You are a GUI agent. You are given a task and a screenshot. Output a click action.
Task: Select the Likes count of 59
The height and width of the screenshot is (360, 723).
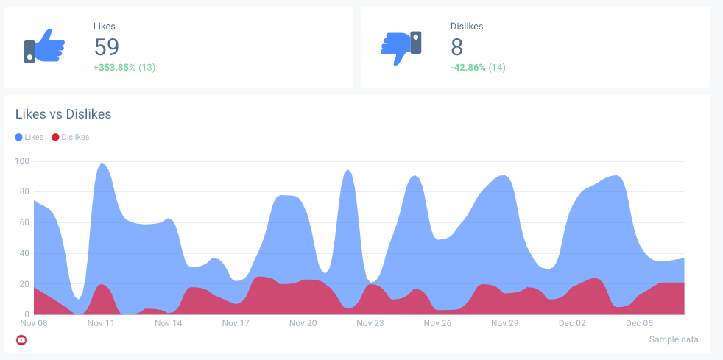(x=107, y=47)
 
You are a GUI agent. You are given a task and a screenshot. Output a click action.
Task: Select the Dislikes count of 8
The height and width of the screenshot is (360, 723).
(x=456, y=47)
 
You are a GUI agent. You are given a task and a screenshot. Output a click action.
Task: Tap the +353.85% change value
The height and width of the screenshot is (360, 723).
(x=114, y=68)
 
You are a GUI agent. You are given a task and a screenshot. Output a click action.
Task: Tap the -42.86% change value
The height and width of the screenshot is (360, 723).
(x=468, y=68)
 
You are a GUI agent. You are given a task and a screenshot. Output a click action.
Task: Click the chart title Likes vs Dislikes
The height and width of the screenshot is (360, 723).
(x=63, y=114)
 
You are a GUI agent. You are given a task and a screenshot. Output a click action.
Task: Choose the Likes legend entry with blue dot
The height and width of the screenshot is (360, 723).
(x=29, y=137)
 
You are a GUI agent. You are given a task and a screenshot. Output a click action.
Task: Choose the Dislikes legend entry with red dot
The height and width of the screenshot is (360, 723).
(x=71, y=137)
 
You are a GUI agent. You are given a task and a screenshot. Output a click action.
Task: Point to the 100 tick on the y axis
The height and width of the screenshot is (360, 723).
(x=21, y=161)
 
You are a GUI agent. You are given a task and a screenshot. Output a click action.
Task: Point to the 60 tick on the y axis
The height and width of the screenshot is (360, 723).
(x=24, y=222)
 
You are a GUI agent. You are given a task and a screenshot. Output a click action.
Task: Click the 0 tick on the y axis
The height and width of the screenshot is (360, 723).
(x=27, y=314)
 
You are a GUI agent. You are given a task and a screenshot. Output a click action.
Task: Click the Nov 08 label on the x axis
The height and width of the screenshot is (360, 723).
(x=34, y=323)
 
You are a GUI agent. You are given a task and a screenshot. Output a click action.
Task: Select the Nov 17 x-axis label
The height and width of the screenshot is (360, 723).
(x=236, y=323)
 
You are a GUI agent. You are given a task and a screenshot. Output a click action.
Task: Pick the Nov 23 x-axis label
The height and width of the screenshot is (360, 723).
(x=370, y=323)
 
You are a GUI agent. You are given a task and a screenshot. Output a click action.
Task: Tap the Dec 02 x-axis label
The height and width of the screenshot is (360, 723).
(x=572, y=323)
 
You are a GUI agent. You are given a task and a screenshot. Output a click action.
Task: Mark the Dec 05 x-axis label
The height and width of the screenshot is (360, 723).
(x=639, y=323)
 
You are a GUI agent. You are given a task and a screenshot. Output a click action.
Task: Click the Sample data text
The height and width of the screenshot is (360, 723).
(x=674, y=339)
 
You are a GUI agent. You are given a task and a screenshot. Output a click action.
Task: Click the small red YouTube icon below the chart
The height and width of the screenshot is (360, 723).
(x=21, y=339)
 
